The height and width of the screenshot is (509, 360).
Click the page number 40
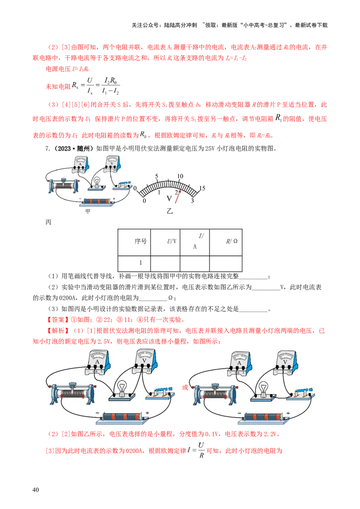coord(36,490)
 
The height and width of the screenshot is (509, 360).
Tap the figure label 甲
coord(88,211)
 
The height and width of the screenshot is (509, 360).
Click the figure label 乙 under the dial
coord(170,211)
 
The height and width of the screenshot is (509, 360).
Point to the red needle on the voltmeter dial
coord(178,196)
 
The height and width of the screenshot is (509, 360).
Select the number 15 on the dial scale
coord(202,188)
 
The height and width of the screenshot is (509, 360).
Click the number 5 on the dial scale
coord(157,176)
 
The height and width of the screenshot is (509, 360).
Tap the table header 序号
coord(141,241)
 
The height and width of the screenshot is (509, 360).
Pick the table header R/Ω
coord(232,241)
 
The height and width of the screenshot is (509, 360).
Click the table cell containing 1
coord(141,263)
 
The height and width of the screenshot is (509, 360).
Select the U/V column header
coord(171,241)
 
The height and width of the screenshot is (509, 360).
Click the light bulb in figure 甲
coord(96,183)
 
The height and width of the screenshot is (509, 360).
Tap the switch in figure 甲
coord(122,185)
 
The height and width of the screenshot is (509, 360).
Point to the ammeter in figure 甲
coord(80,165)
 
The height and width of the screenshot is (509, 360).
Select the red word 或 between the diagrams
coord(185,387)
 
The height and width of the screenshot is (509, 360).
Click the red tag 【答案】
coord(58,319)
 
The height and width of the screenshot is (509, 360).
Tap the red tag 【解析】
coord(58,330)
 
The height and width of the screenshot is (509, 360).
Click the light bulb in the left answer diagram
coord(122,389)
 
